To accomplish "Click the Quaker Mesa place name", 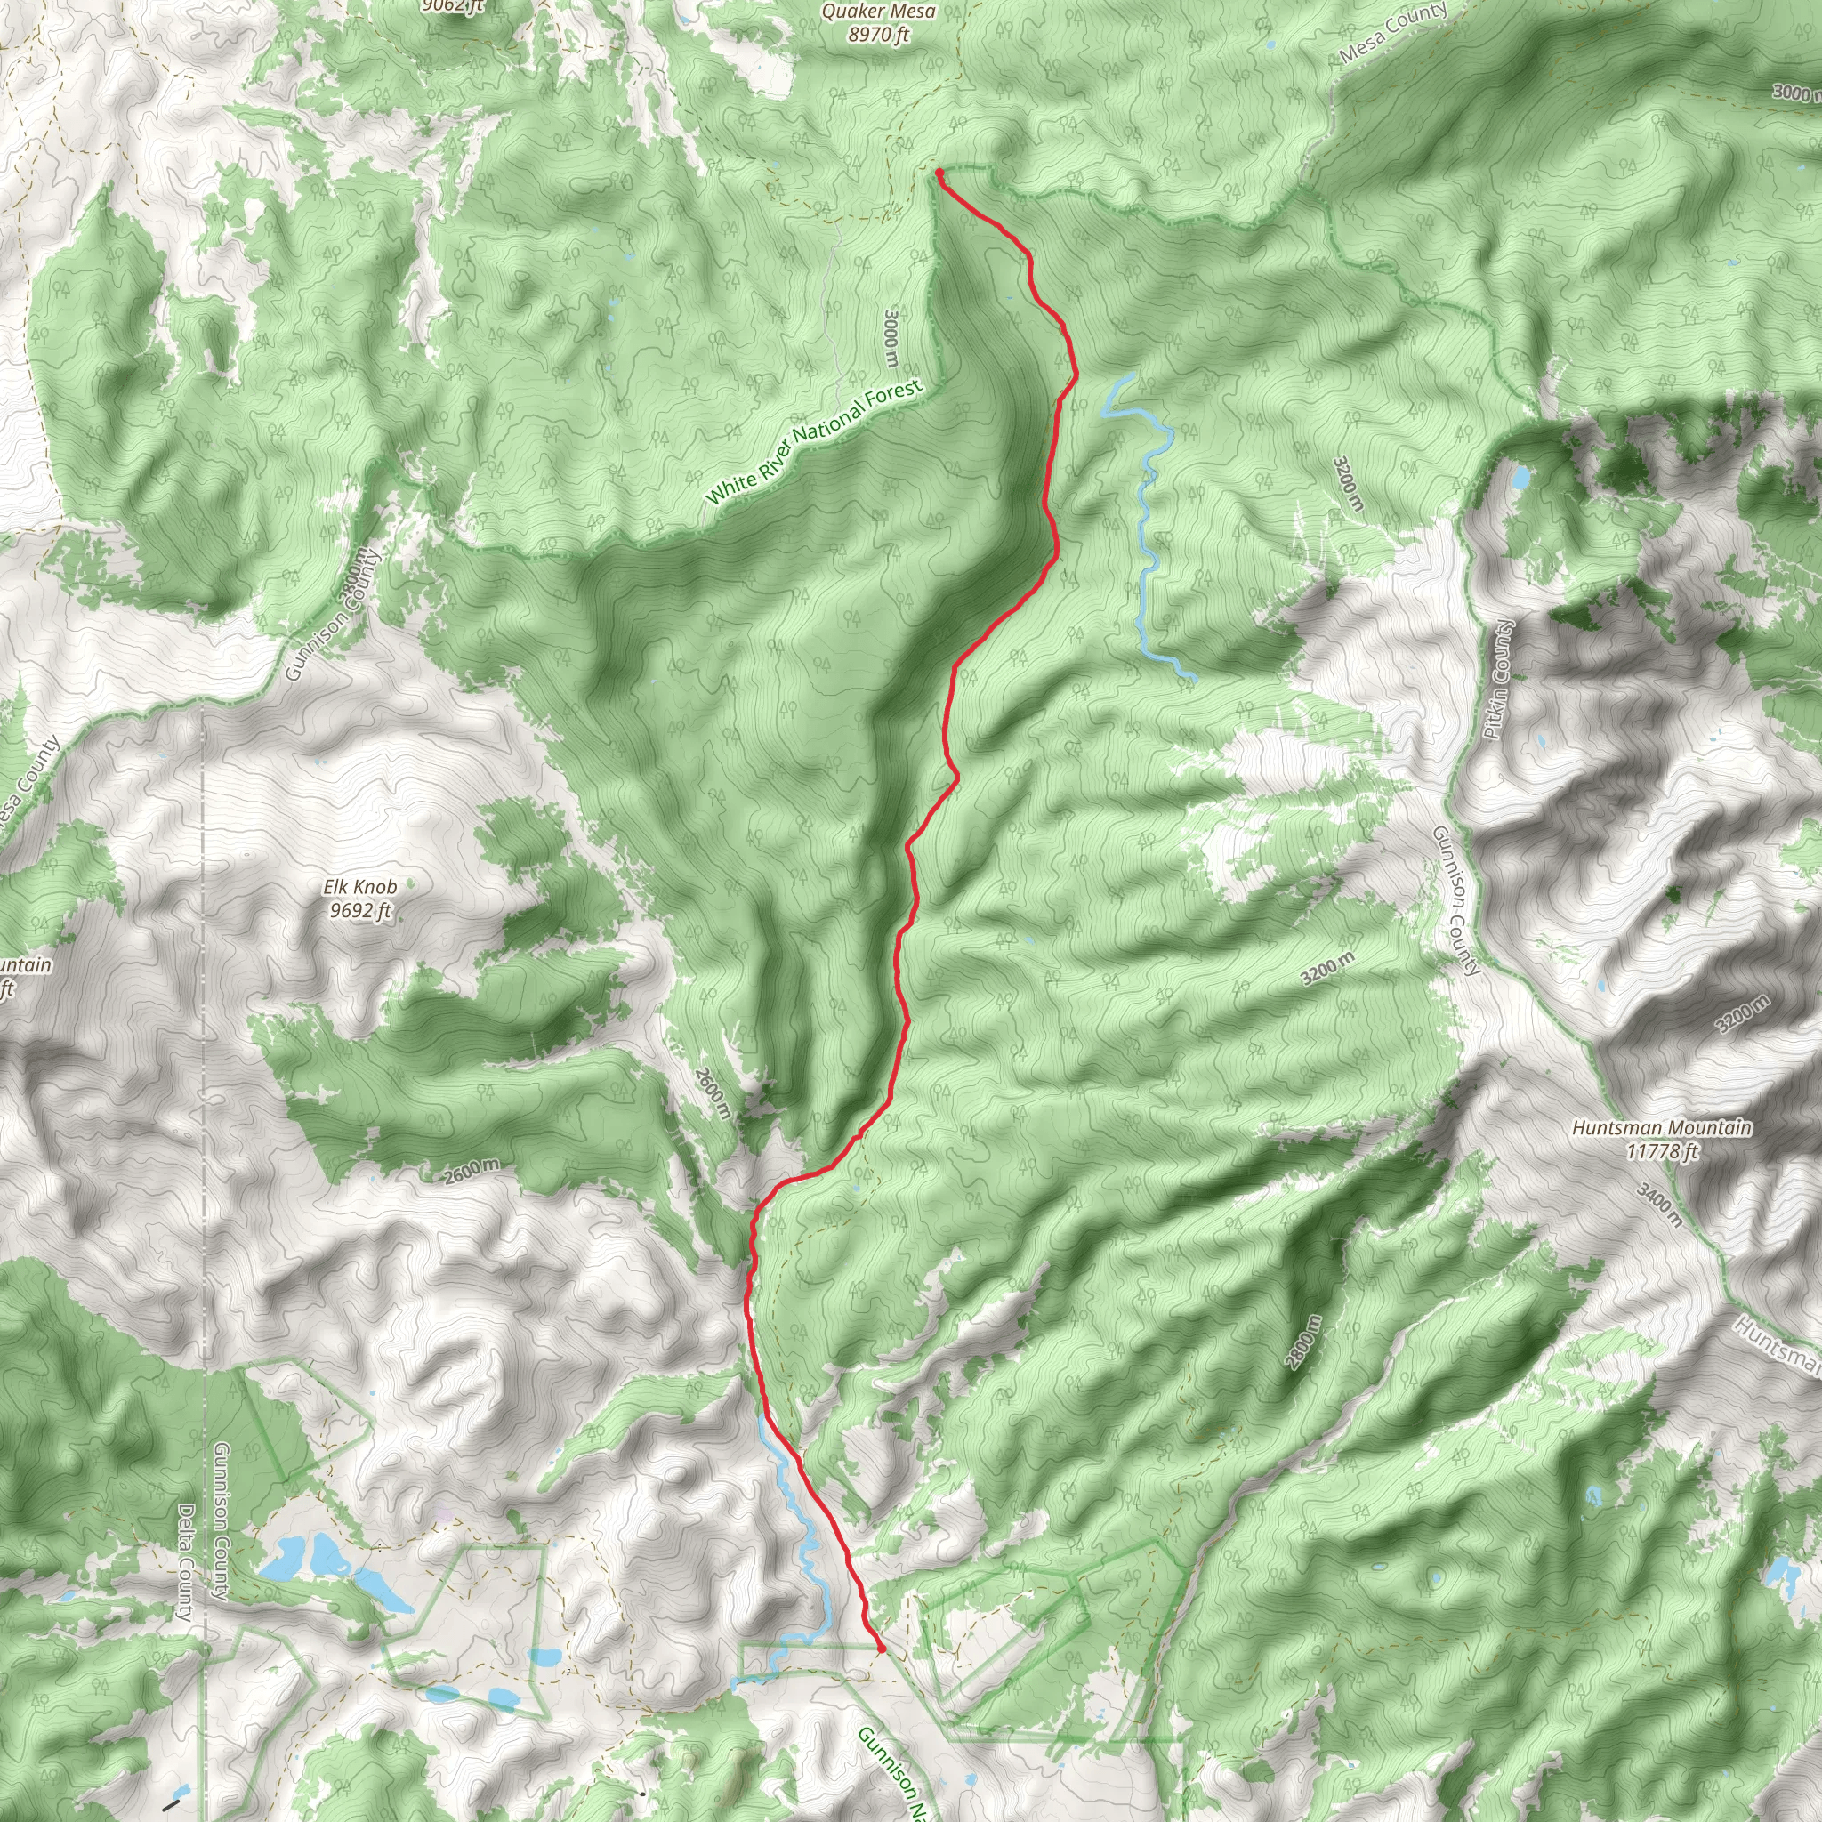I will [x=878, y=12].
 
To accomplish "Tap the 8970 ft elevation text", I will [x=878, y=36].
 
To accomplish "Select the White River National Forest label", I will [x=813, y=442].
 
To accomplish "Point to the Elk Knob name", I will [x=359, y=886].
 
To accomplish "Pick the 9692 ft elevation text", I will [x=359, y=910].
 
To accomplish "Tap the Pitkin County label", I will [x=1496, y=679].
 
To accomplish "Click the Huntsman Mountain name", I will [x=1662, y=1128].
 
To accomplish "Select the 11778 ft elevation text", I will [x=1662, y=1150].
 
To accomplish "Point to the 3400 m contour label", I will [x=1659, y=1205].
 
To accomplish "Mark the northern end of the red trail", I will [x=939, y=173].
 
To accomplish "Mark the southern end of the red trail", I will [x=881, y=1649].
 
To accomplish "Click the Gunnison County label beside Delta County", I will [x=221, y=1521].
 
